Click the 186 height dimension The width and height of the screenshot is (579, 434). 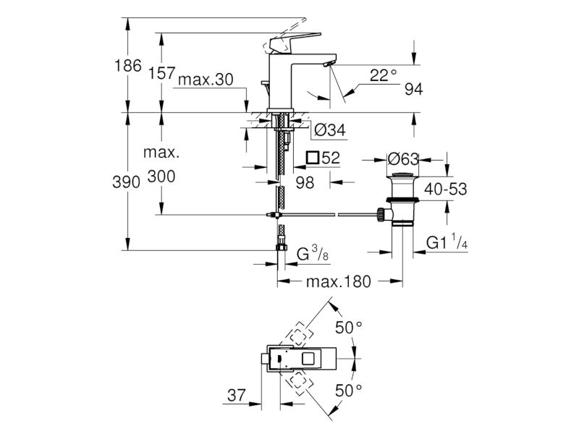click(x=128, y=67)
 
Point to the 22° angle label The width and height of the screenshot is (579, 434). click(x=383, y=75)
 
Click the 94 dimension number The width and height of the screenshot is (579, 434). click(x=413, y=89)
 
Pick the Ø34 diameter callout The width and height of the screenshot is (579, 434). click(x=329, y=130)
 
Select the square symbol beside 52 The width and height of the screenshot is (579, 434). click(x=313, y=157)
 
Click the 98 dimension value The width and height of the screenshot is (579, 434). click(x=305, y=183)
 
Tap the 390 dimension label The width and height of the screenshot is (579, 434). click(x=128, y=182)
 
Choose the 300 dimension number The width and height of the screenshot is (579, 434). click(x=161, y=176)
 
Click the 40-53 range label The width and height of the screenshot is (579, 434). click(x=445, y=190)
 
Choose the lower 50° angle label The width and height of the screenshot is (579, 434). click(x=348, y=391)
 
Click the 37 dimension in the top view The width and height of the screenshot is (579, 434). click(x=237, y=395)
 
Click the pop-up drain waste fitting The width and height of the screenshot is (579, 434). click(x=400, y=199)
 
